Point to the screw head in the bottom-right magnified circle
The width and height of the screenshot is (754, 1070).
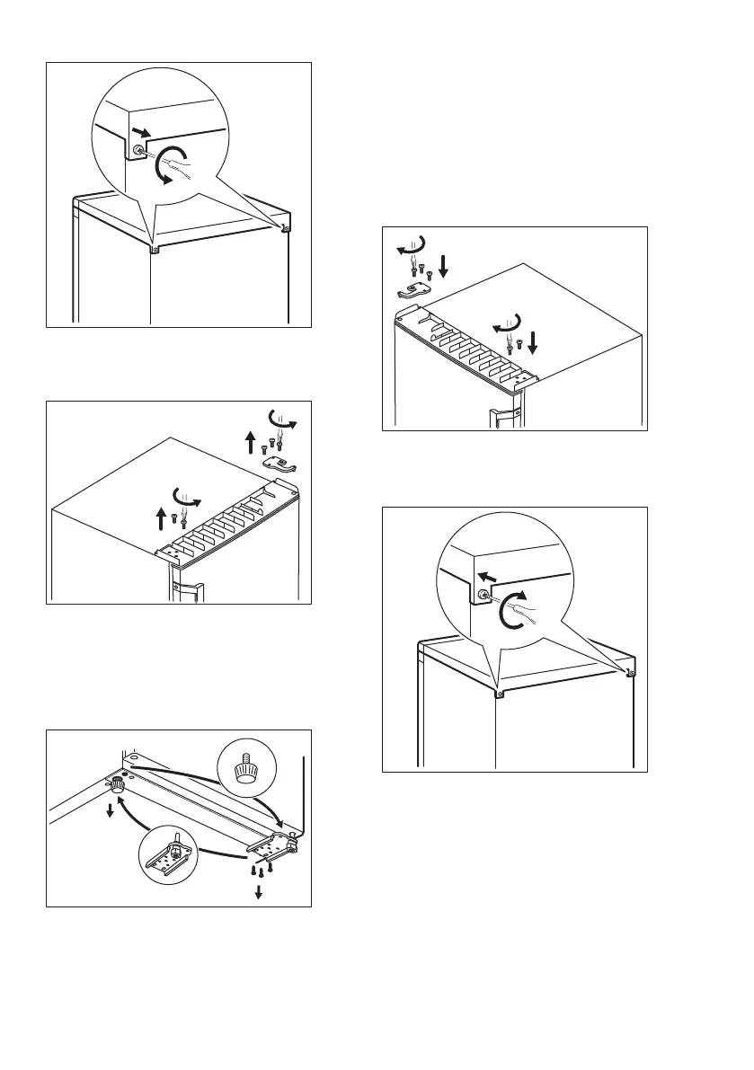pyautogui.click(x=483, y=594)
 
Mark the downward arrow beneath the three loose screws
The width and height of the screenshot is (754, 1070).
pyautogui.click(x=260, y=891)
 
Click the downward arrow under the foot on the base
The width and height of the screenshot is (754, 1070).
pyautogui.click(x=110, y=810)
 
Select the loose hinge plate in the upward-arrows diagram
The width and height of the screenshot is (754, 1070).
pyautogui.click(x=281, y=464)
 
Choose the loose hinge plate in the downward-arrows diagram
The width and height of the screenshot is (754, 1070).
pyautogui.click(x=413, y=289)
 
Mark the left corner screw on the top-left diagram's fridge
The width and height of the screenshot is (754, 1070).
pyautogui.click(x=155, y=249)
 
